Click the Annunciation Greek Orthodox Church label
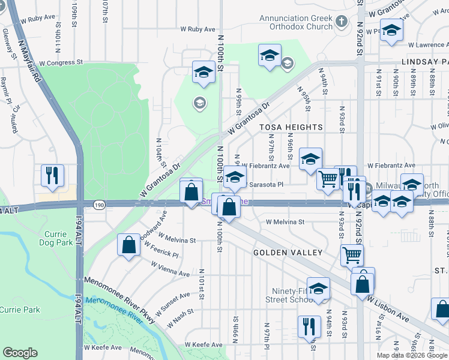coord(296,22)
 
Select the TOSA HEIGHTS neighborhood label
coord(291,127)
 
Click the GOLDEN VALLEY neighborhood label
coord(288,253)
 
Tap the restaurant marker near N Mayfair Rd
coord(52,175)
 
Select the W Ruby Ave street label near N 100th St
coord(197,29)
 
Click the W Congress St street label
coord(56,62)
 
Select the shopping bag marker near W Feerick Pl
coord(128,244)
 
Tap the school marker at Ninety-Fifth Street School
coord(318,289)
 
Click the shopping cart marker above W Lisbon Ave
coord(352,254)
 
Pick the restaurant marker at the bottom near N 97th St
coord(309,326)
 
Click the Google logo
coord(20,353)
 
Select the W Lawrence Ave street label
coord(427,45)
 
